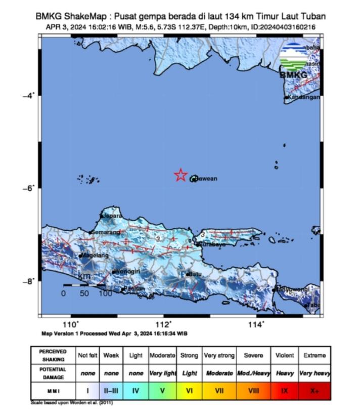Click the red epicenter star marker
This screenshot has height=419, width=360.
[x=181, y=175]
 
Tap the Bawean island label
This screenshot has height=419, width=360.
[x=207, y=179]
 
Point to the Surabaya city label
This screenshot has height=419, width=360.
[x=212, y=244]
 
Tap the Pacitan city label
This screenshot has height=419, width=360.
[x=136, y=288]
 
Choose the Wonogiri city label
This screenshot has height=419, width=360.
[x=128, y=272]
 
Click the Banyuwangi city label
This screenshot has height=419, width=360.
[x=292, y=288]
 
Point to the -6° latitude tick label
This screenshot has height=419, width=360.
[x=28, y=188]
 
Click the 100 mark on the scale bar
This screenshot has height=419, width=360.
[x=105, y=294]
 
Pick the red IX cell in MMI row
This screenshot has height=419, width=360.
[x=285, y=391]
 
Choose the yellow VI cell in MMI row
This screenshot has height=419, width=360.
[x=189, y=391]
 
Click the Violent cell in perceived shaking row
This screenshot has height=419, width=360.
[x=285, y=356]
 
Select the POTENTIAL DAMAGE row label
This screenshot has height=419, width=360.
[x=53, y=373]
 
